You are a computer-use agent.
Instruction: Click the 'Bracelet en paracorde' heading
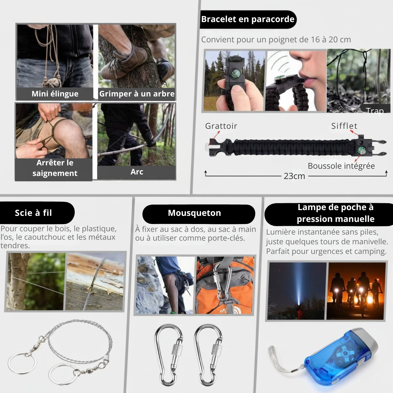click(x=248, y=19)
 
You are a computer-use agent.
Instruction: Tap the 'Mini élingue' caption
click(x=55, y=94)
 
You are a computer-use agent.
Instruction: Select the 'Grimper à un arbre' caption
click(x=137, y=94)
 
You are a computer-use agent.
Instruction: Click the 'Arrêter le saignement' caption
click(x=55, y=168)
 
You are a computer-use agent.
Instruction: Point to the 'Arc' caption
click(x=137, y=172)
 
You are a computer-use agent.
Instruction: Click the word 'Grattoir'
click(x=221, y=126)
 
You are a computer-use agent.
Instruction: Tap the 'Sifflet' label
click(x=344, y=126)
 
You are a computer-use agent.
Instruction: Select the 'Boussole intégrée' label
click(x=341, y=166)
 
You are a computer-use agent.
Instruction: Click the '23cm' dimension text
click(x=294, y=176)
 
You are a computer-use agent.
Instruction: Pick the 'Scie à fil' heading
click(x=33, y=213)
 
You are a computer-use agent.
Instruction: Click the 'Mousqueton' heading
click(x=194, y=213)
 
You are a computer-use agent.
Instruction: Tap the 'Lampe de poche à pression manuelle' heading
click(x=335, y=213)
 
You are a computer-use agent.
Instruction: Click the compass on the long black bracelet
click(x=361, y=151)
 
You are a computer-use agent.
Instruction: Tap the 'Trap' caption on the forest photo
click(x=375, y=111)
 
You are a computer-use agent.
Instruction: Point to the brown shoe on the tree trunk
click(x=124, y=62)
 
